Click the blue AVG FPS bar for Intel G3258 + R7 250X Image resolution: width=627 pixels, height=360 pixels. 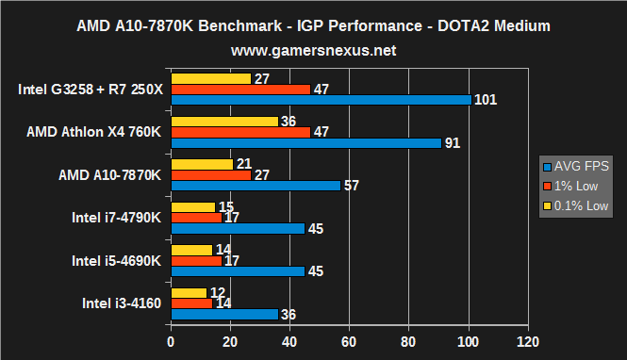[321, 99]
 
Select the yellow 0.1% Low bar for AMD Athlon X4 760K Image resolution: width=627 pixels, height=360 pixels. [224, 122]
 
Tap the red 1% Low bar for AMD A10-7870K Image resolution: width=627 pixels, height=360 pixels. [210, 174]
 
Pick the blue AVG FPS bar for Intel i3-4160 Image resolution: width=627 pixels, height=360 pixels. [224, 314]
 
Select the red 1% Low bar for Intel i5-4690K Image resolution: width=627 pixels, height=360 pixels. [195, 260]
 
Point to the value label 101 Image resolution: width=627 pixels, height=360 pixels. [486, 100]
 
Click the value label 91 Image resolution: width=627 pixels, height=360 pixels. [454, 143]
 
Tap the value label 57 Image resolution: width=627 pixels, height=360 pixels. [352, 186]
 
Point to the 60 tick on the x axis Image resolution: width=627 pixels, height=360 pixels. [349, 340]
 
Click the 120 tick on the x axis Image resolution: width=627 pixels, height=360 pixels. [527, 340]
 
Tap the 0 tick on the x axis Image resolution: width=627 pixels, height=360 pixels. [171, 340]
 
